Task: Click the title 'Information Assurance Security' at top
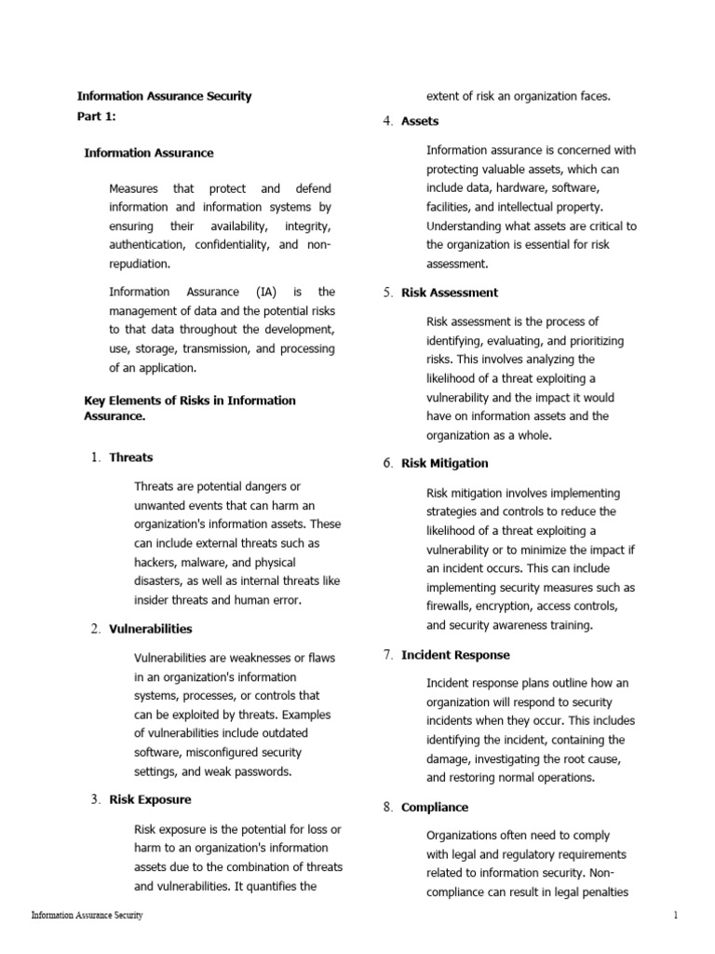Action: click(x=164, y=96)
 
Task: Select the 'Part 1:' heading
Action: click(x=97, y=116)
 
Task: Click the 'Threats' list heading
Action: click(x=131, y=457)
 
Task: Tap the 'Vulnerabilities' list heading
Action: click(x=151, y=629)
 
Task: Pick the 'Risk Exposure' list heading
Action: click(x=150, y=799)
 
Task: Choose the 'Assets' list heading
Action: click(x=420, y=121)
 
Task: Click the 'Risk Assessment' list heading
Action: click(x=450, y=293)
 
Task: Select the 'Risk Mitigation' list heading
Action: click(x=444, y=463)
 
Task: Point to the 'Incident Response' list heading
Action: click(x=455, y=655)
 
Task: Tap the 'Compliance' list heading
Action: click(x=435, y=807)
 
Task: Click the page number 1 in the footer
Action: click(x=676, y=916)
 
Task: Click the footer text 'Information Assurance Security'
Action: click(x=87, y=916)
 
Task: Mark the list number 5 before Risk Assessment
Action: click(x=387, y=293)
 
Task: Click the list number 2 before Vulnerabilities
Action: click(x=95, y=629)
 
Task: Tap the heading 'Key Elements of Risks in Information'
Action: click(x=190, y=401)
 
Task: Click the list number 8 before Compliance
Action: click(x=387, y=807)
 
